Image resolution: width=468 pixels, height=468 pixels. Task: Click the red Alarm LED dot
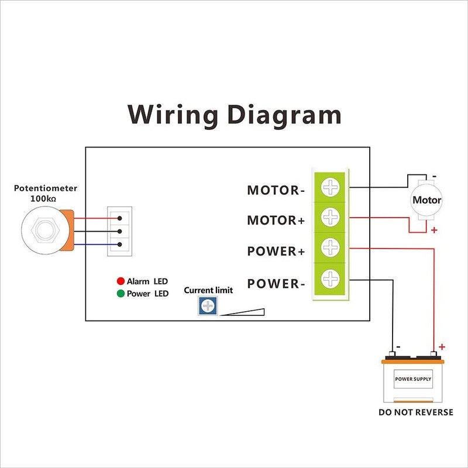(121, 281)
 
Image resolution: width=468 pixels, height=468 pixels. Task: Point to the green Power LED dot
(121, 294)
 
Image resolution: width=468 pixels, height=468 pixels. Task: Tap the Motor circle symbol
(426, 200)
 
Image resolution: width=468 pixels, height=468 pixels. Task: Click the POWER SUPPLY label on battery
(413, 379)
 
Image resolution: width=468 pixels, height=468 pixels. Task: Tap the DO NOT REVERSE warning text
(415, 412)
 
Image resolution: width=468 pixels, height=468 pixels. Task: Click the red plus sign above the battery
(442, 346)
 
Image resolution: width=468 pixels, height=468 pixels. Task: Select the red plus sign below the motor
(434, 230)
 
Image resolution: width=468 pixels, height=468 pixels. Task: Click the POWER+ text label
(276, 252)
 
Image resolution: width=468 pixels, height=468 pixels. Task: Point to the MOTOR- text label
(276, 191)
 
